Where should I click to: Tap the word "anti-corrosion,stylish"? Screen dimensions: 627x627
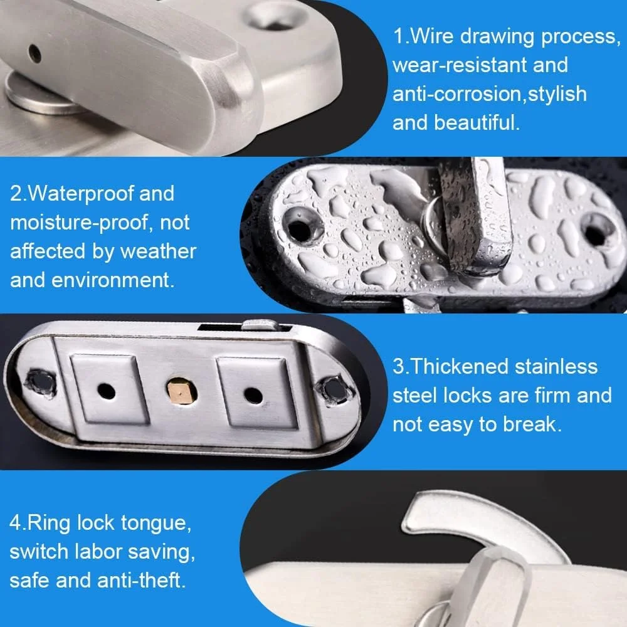tap(490, 94)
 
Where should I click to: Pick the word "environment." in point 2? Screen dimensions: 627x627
tap(113, 280)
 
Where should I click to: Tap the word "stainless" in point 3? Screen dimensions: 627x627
tap(556, 366)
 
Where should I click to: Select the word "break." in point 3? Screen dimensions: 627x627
tap(532, 424)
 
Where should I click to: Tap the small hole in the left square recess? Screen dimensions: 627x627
tap(106, 391)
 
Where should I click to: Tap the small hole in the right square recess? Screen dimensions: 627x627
tap(253, 395)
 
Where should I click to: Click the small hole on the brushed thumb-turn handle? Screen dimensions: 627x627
tap(35, 53)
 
